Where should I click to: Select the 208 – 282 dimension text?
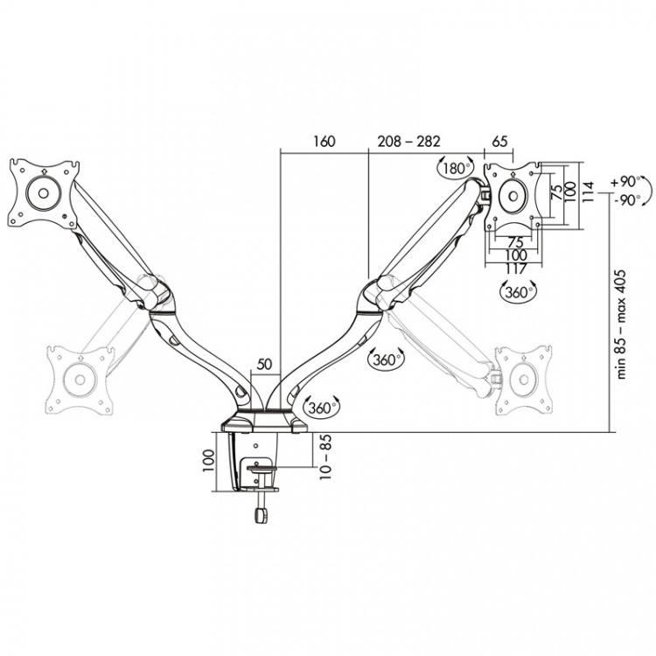tap(408, 140)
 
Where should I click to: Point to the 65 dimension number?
tap(500, 140)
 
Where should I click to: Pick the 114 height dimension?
tap(590, 191)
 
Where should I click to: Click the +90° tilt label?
tap(625, 183)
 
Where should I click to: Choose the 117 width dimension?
tap(514, 267)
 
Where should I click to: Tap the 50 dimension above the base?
tap(263, 364)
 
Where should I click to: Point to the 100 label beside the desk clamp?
tap(208, 461)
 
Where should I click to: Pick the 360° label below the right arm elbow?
tap(385, 359)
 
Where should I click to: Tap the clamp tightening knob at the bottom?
tap(260, 515)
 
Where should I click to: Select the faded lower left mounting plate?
tap(80, 378)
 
